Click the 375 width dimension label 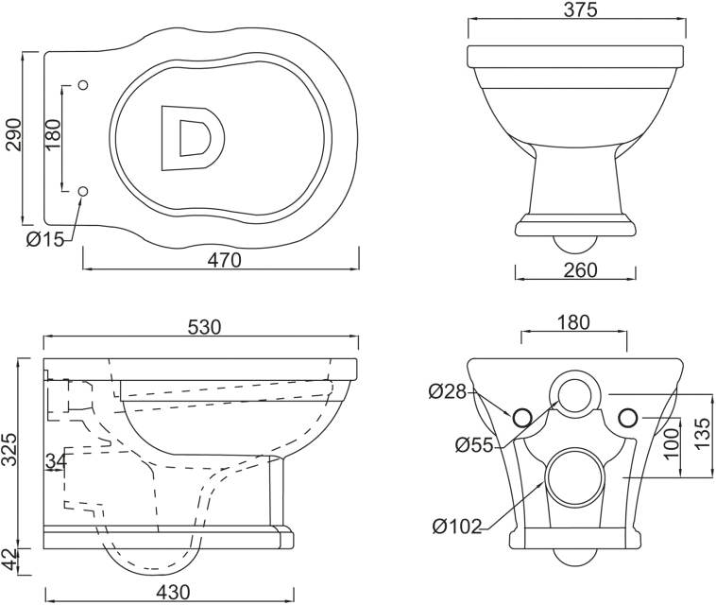click(580, 9)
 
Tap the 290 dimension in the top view click(14, 135)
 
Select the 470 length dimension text click(224, 260)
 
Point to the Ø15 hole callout click(45, 239)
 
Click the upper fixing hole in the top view click(83, 85)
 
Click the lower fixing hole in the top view click(83, 192)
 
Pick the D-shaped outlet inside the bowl click(193, 138)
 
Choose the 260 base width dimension click(580, 270)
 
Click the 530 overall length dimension click(204, 327)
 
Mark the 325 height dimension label click(10, 449)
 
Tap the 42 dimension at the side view click(10, 559)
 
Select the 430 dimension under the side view click(173, 592)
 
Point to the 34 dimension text click(56, 461)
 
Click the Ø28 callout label click(448, 391)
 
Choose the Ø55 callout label click(475, 444)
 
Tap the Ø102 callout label click(457, 527)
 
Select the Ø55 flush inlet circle click(574, 395)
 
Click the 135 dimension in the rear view click(704, 433)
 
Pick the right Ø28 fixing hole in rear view click(628, 417)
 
